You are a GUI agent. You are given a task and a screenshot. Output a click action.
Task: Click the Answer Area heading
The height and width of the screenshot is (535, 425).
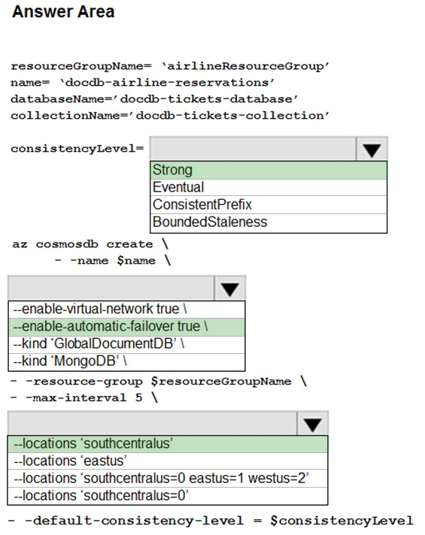[63, 11]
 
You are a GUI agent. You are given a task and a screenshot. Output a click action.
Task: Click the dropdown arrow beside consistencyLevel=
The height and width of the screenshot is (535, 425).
[372, 149]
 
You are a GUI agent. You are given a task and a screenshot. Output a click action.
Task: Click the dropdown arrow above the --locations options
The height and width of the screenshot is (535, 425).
[313, 424]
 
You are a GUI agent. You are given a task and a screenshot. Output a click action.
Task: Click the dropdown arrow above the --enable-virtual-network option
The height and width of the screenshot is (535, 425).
[229, 289]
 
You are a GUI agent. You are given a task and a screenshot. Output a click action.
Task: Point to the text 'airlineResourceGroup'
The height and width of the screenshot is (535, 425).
[246, 66]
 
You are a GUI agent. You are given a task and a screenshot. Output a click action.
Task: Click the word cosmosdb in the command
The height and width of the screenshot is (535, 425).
[67, 244]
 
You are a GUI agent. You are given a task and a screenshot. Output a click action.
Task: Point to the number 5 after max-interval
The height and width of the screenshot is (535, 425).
[138, 397]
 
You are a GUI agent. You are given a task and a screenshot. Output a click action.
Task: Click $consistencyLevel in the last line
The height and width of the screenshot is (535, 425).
[342, 521]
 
